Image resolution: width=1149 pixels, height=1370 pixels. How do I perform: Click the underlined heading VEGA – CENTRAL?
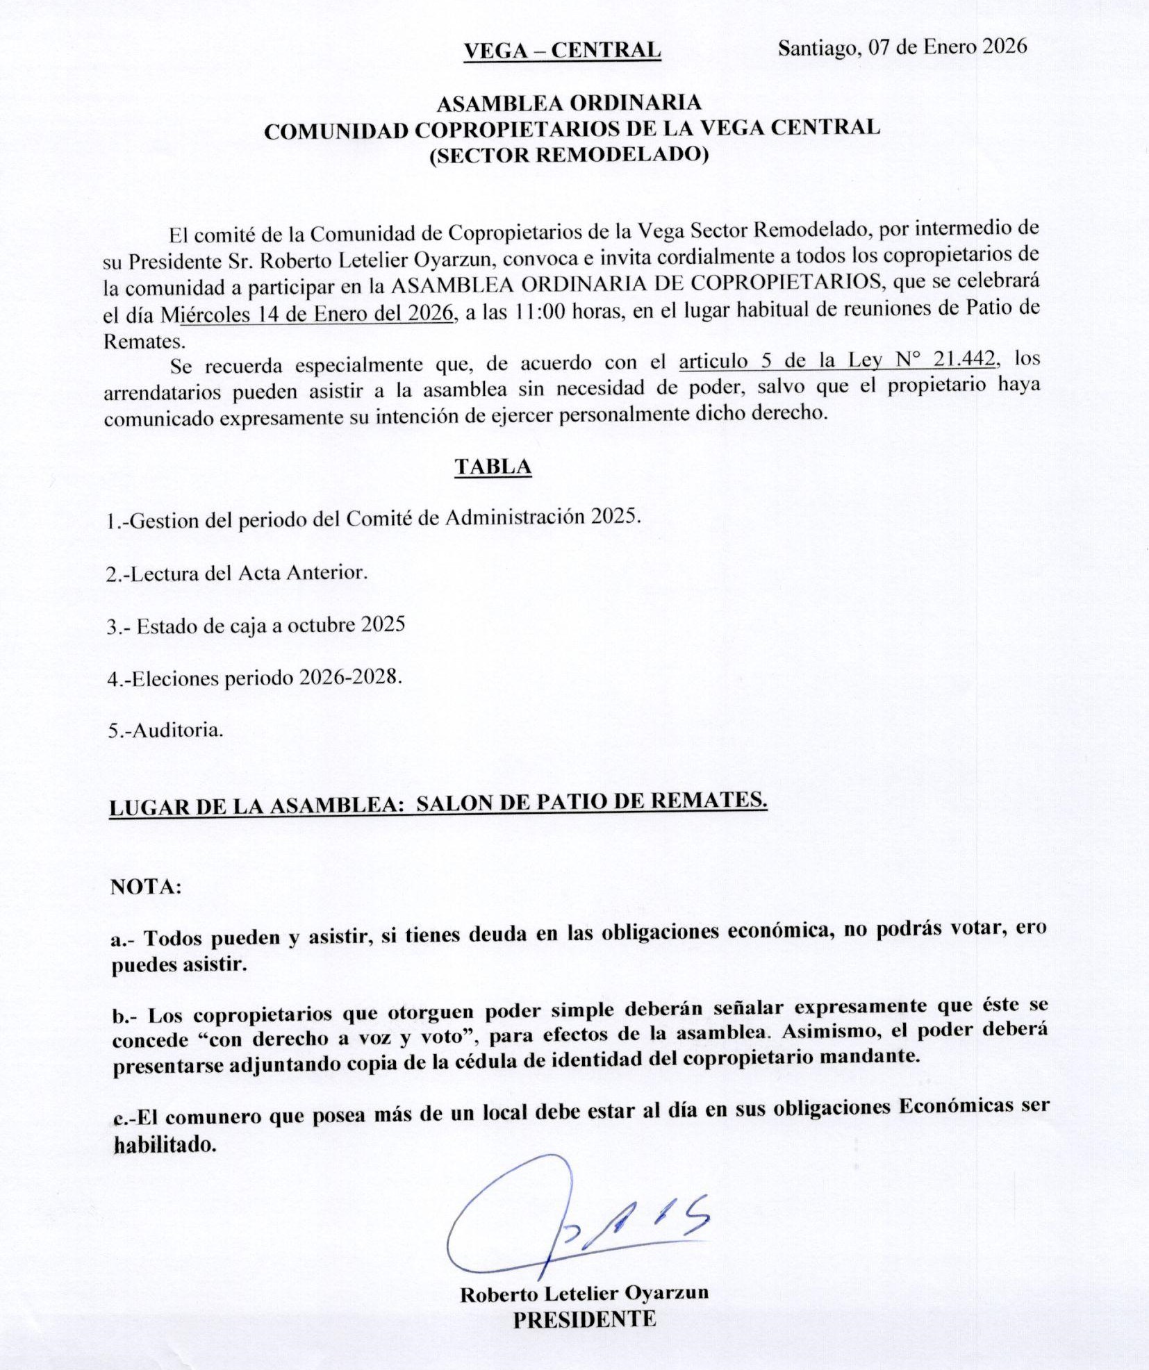562,51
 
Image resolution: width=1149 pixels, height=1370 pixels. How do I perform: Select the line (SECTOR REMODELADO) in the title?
569,154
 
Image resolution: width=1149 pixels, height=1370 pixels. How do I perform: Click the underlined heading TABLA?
493,467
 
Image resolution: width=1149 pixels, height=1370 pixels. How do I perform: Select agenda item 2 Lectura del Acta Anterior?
237,573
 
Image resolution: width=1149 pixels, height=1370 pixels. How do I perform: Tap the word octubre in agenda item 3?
322,625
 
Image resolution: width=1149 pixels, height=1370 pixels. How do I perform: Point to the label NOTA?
146,887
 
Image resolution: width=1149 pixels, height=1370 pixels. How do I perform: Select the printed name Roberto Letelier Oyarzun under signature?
584,1294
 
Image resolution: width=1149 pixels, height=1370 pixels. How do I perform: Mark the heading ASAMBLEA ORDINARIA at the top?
569,103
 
